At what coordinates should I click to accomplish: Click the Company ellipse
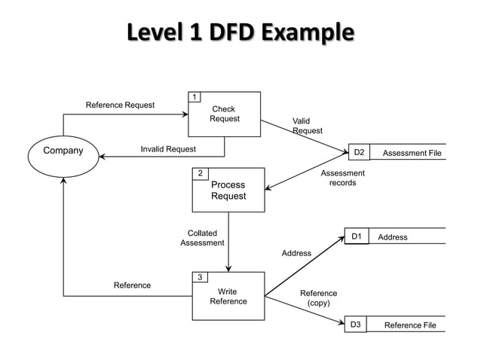[x=64, y=151]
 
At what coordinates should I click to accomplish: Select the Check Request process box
[x=225, y=114]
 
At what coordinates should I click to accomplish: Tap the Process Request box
[x=228, y=191]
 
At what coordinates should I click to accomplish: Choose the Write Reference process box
[x=228, y=297]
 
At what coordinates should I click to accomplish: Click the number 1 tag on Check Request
[x=195, y=97]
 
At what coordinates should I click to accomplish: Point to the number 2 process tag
[x=201, y=174]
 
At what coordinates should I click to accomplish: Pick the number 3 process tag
[x=200, y=278]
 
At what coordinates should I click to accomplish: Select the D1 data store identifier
[x=357, y=236]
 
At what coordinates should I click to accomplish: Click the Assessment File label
[x=412, y=154]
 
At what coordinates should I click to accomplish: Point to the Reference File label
[x=410, y=325]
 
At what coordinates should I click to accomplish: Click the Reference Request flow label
[x=120, y=105]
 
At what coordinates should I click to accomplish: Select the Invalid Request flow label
[x=168, y=149]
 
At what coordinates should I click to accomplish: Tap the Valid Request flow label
[x=307, y=126]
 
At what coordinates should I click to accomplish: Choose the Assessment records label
[x=342, y=178]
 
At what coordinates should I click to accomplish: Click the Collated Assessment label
[x=202, y=238]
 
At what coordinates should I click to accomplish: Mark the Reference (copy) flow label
[x=318, y=298]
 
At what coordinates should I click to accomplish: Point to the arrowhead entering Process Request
[x=268, y=190]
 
